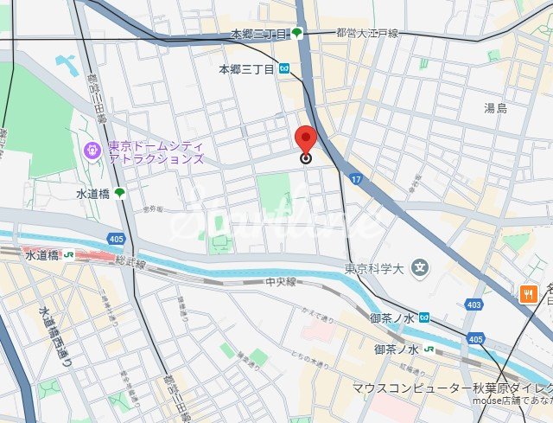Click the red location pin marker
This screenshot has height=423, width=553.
pyautogui.click(x=305, y=141)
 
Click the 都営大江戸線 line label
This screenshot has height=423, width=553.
pyautogui.click(x=367, y=33)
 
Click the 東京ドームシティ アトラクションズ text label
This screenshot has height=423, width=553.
pyautogui.click(x=156, y=152)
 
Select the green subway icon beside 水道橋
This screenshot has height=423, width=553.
pyautogui.click(x=119, y=193)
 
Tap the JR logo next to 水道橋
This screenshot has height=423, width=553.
pyautogui.click(x=68, y=255)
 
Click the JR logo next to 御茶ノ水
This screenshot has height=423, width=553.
pyautogui.click(x=429, y=349)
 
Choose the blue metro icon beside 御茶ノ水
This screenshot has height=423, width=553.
pyautogui.click(x=423, y=317)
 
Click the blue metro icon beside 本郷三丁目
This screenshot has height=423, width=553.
pyautogui.click(x=284, y=68)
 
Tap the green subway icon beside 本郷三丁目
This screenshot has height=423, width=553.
pyautogui.click(x=297, y=34)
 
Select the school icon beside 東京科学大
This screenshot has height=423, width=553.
pyautogui.click(x=420, y=267)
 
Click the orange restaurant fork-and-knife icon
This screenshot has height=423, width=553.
pyautogui.click(x=528, y=294)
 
